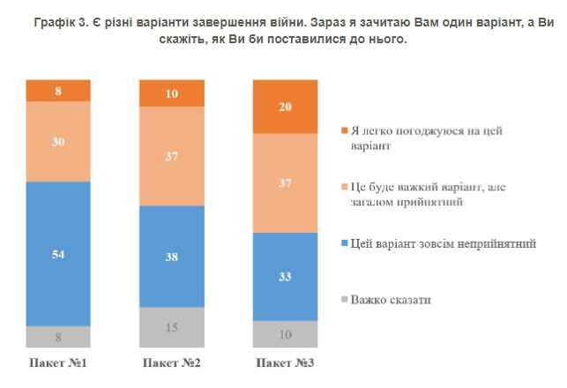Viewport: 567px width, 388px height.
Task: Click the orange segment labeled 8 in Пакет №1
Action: tap(58, 90)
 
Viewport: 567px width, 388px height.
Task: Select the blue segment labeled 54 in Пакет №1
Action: tap(58, 253)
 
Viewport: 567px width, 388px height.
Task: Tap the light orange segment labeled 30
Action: tap(58, 141)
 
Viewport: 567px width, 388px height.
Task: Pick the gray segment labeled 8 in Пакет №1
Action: tap(58, 336)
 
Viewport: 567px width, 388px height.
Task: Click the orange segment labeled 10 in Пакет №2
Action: tap(172, 93)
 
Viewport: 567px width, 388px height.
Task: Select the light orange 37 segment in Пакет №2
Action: tap(172, 155)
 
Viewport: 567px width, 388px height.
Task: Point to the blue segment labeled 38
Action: tap(172, 256)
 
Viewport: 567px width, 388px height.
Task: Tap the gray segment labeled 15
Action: tap(172, 327)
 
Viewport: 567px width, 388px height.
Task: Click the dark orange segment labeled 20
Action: tap(286, 106)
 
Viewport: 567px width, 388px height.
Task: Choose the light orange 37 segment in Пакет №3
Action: tap(286, 183)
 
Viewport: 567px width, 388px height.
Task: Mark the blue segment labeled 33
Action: tap(286, 276)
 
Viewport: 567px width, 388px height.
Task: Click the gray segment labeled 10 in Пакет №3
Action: tap(286, 333)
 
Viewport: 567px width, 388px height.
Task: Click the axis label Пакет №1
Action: tap(59, 363)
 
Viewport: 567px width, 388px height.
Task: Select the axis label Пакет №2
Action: tap(172, 363)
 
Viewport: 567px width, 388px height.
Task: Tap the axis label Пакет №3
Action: tap(286, 363)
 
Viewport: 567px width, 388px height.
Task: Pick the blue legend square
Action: tap(343, 244)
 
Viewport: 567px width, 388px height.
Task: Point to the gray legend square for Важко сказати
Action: tap(343, 301)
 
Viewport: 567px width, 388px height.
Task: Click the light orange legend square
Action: tap(343, 187)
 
